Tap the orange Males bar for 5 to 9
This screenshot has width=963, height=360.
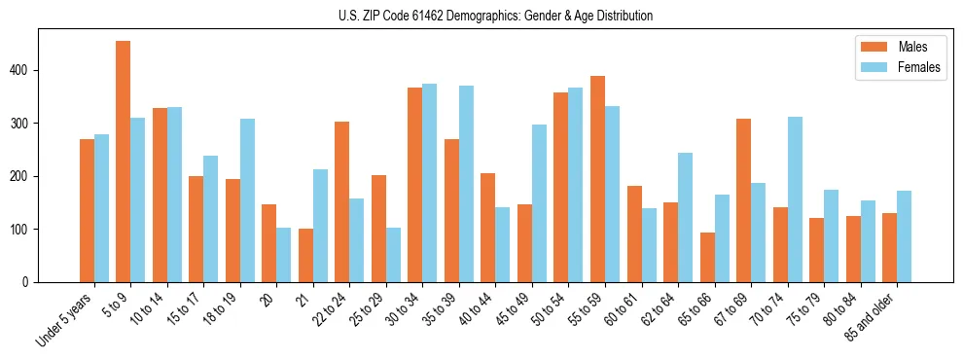pyautogui.click(x=124, y=162)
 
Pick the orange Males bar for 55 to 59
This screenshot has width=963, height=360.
pyautogui.click(x=598, y=179)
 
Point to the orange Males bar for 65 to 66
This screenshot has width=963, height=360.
pyautogui.click(x=708, y=257)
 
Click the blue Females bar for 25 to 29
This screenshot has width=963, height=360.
pyautogui.click(x=393, y=255)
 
